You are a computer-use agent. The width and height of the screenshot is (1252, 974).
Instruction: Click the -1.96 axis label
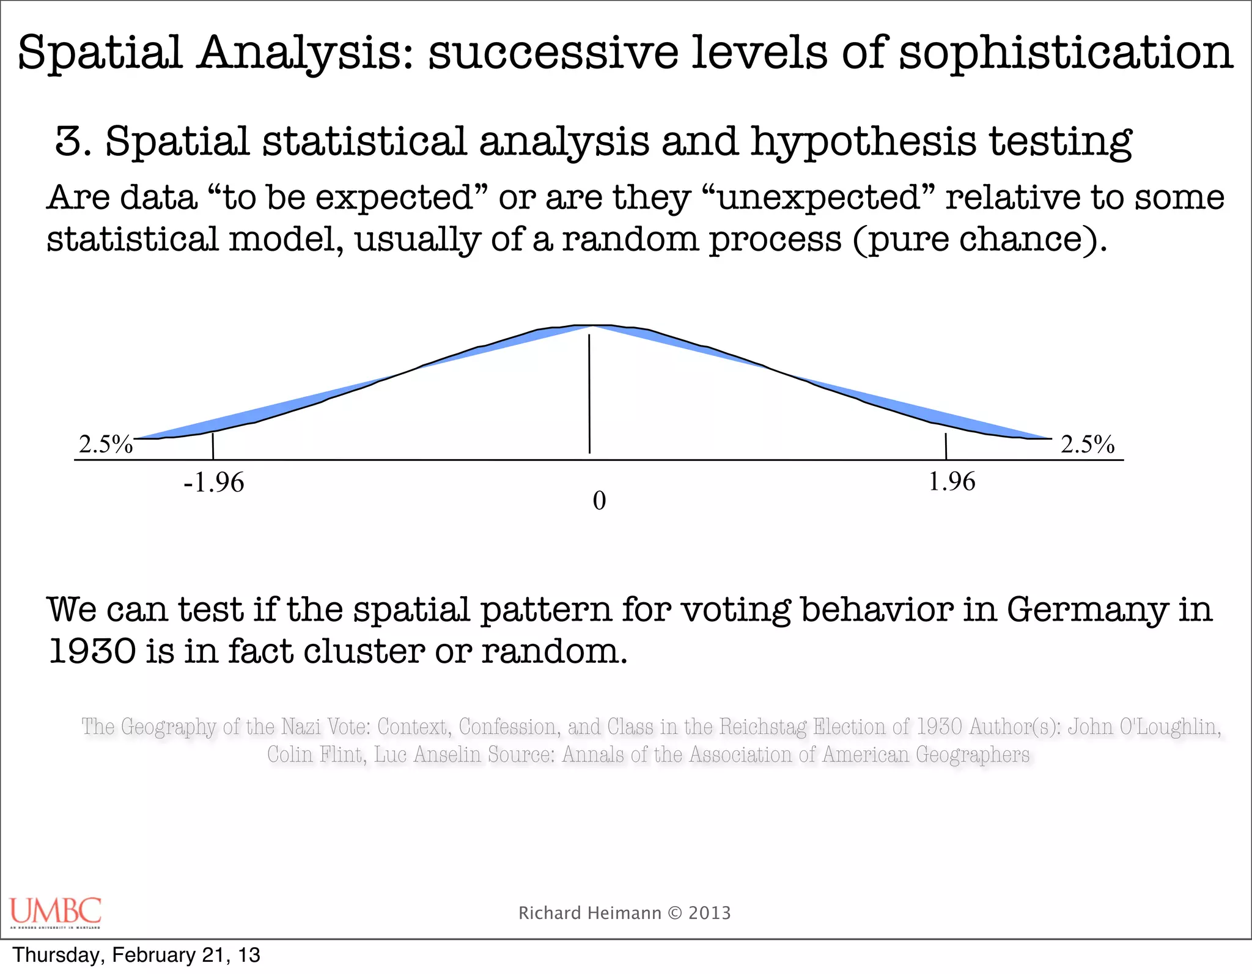[214, 483]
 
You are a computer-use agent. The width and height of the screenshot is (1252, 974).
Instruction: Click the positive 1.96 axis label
[952, 482]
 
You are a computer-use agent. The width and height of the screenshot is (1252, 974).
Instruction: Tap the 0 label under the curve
[599, 501]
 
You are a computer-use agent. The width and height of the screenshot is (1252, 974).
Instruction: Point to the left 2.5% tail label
[106, 445]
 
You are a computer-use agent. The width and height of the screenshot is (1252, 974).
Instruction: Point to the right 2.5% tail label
[1088, 445]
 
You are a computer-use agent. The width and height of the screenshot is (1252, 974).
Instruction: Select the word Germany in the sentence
[1087, 610]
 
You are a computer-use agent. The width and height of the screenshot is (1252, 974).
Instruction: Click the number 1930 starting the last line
[92, 651]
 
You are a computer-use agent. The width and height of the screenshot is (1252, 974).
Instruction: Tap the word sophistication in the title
[1066, 53]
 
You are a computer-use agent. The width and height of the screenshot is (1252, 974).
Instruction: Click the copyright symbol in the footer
[675, 913]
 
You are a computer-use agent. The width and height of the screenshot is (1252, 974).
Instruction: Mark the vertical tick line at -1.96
[213, 446]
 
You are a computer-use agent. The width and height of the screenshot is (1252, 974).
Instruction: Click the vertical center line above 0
[589, 391]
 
